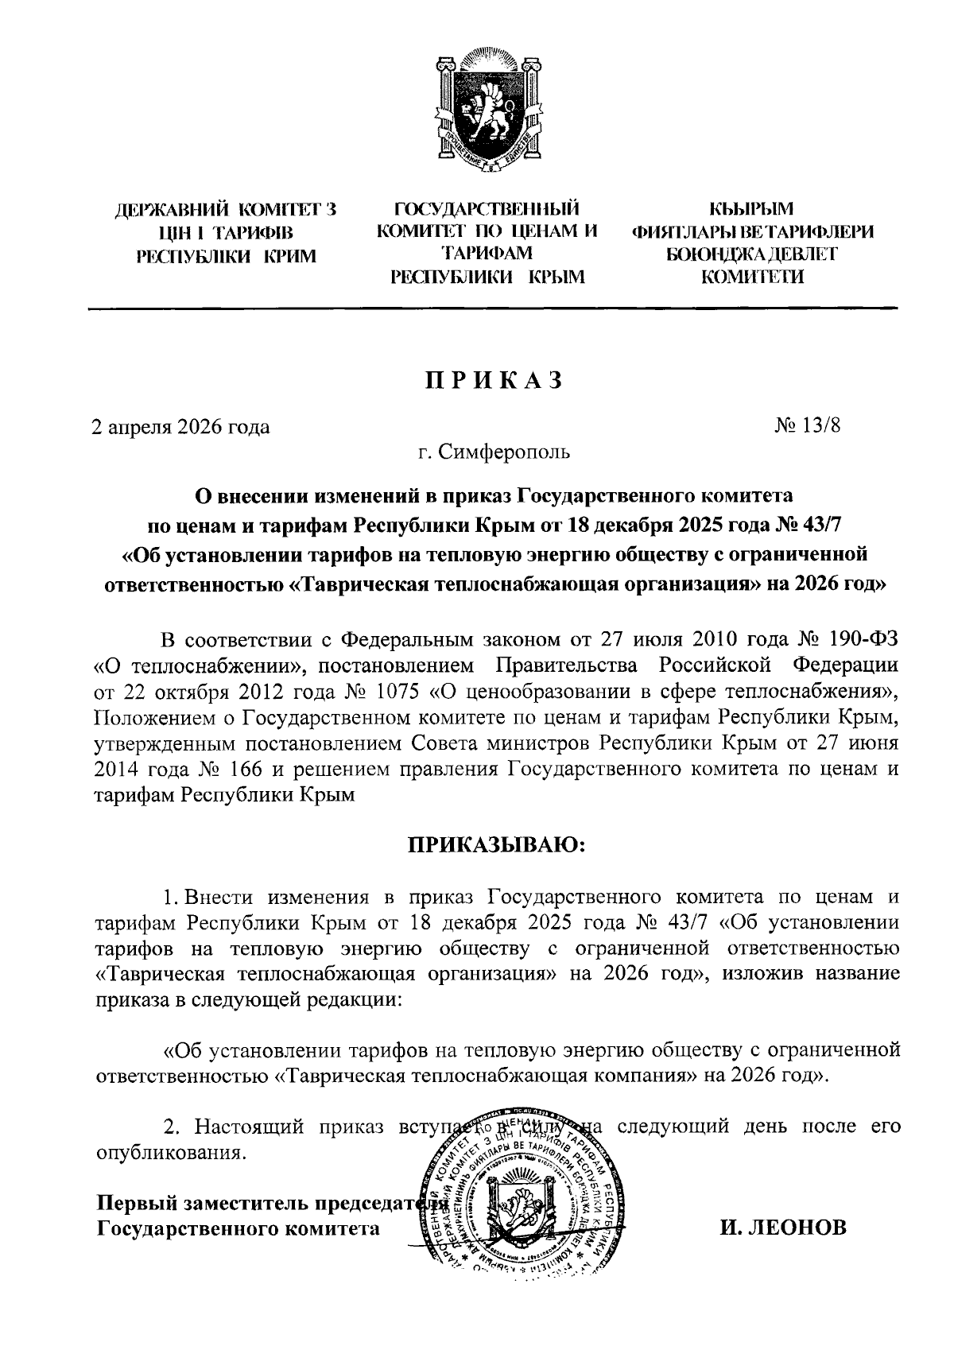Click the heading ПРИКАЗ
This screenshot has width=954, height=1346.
pyautogui.click(x=492, y=381)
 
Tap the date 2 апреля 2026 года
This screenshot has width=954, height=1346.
pyautogui.click(x=180, y=427)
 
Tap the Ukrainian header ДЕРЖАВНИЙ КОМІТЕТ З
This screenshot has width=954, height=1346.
pyautogui.click(x=226, y=211)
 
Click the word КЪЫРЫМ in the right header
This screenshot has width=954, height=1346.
pyautogui.click(x=752, y=209)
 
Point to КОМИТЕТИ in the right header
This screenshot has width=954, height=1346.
pyautogui.click(x=752, y=277)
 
